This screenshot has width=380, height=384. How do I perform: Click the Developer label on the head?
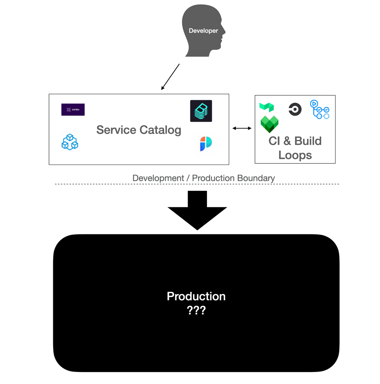pos(203,31)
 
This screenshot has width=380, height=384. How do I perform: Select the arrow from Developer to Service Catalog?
pos(170,77)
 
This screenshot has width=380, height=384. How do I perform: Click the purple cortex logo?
pos(73,109)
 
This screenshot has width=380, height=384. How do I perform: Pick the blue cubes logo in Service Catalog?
pos(70,142)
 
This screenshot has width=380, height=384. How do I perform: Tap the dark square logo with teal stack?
pos(201,111)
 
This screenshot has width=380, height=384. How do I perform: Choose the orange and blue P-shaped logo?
pos(206,144)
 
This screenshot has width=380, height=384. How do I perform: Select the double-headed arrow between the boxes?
pos(242,129)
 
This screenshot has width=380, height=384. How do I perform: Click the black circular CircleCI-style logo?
pos(295,109)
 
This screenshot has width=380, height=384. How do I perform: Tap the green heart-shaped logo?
pos(270,124)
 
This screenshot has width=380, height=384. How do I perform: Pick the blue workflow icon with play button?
pos(320,109)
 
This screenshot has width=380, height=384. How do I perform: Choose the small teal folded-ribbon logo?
pos(267,107)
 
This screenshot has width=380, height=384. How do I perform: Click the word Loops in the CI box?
pos(295,155)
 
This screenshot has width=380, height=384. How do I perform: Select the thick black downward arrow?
pos(197,210)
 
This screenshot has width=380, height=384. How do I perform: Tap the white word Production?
pos(196,296)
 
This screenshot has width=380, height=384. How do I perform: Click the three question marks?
pos(196,310)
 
